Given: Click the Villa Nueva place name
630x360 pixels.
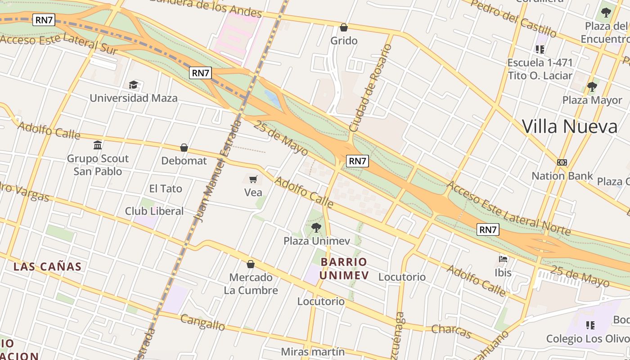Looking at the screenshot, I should [x=570, y=126].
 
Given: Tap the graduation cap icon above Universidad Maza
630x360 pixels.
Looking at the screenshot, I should [x=134, y=85].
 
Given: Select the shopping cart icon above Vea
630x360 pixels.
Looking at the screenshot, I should [x=253, y=179].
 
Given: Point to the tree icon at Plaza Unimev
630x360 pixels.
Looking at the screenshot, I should [x=316, y=227].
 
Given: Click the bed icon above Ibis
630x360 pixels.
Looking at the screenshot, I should [x=503, y=259].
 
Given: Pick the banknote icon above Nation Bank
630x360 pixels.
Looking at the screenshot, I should [x=562, y=162].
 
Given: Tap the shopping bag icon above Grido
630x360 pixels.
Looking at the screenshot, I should [x=344, y=27].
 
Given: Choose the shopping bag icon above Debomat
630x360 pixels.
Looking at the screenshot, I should [x=184, y=148].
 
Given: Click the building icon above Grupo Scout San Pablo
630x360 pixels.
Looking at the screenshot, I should [x=98, y=145].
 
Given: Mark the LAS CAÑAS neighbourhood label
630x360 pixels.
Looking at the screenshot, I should [x=47, y=266].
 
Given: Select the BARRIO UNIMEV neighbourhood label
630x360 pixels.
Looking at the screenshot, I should [x=344, y=269].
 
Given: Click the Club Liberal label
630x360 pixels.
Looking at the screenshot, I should [x=154, y=211].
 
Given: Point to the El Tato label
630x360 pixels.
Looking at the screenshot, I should [x=166, y=189].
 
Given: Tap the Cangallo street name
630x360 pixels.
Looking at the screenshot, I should [x=202, y=322].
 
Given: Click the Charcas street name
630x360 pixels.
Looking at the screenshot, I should [x=451, y=331].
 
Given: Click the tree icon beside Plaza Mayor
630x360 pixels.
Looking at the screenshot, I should [x=592, y=86].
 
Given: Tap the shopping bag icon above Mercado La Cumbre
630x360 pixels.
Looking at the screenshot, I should [x=251, y=264].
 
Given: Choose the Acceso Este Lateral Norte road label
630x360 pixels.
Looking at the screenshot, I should [x=509, y=208].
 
